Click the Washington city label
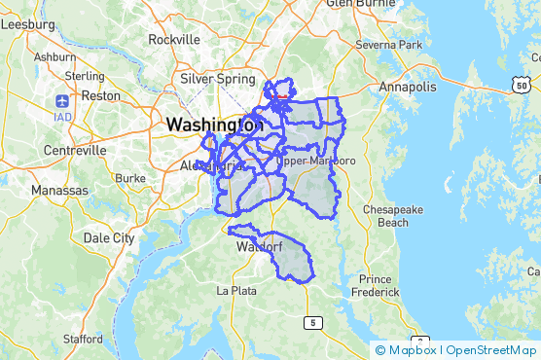coord(214,126)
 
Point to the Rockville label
coord(173,40)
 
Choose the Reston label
coord(101,96)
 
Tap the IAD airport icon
coord(63,100)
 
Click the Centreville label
coord(76,151)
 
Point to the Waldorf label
coord(259,247)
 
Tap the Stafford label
coord(83,339)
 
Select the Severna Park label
coord(389,45)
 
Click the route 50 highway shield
coord(522,87)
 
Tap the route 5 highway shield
coord(312,322)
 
